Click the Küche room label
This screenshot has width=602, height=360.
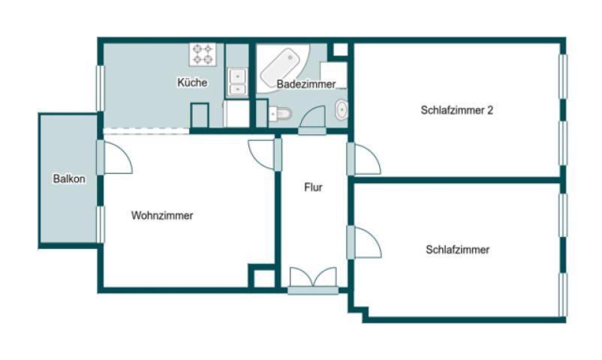pos(192,82)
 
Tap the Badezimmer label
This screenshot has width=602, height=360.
pos(306,84)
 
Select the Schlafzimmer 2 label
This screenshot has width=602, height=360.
pos(456,109)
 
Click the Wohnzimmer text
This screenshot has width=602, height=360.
pos(162,215)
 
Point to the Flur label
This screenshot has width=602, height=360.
pos(313,187)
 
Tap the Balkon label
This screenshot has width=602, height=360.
pos(69,179)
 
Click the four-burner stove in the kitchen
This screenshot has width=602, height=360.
pos(203,54)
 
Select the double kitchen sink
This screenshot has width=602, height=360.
pos(237,81)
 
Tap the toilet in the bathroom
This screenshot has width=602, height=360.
pos(280,114)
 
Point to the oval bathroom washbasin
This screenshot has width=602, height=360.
pos(341,109)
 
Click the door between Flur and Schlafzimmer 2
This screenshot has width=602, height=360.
pos(365,159)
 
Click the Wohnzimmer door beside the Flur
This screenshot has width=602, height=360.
pos(264,154)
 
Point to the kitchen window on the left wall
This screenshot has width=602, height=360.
pos(100,88)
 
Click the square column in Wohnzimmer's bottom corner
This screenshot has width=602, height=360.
pos(263,277)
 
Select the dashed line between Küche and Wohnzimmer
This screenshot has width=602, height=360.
pos(146,131)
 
